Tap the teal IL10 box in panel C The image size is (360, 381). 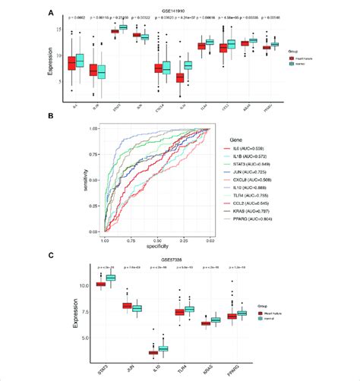163,348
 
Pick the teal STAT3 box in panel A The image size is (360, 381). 123,27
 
